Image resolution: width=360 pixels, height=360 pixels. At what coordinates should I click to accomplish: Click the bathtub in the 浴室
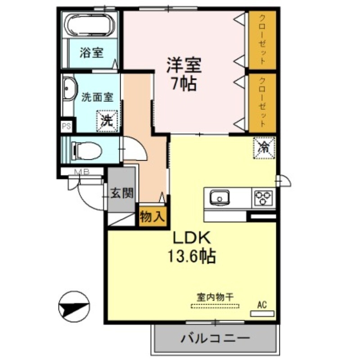pos(89,25)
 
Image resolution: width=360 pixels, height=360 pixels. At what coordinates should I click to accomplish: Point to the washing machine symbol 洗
pos(107,120)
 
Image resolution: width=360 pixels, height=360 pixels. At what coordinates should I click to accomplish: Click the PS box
pos(66,126)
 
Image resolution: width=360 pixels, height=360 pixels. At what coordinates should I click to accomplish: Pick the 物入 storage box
pos(153,217)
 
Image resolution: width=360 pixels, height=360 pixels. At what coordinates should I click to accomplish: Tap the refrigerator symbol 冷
pos(265,147)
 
